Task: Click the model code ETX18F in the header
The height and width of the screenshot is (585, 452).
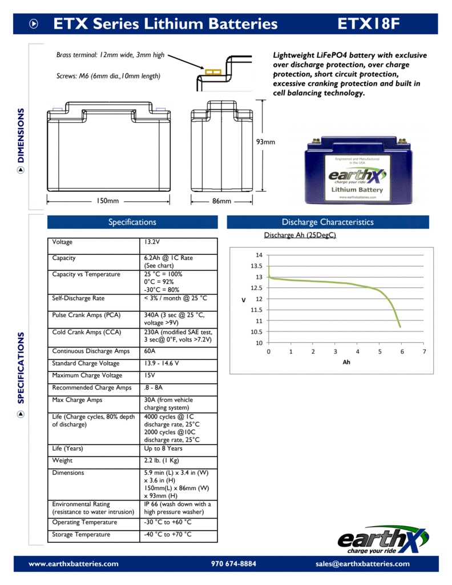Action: coord(368,24)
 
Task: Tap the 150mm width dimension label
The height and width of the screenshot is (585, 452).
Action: coord(107,201)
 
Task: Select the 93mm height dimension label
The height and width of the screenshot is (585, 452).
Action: coord(265,142)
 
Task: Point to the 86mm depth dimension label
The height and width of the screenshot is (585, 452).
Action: coord(222,201)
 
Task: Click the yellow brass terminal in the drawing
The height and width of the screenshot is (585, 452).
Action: coord(213,72)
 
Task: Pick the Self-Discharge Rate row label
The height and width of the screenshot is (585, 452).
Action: coord(78,298)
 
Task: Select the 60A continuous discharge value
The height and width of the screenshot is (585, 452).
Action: coord(150,351)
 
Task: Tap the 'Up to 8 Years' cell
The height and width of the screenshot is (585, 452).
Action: coord(163,448)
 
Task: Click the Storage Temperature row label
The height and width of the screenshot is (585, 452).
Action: coord(81,534)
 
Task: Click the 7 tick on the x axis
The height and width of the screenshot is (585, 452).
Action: coord(424,352)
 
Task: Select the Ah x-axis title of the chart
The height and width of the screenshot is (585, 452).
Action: coord(346,363)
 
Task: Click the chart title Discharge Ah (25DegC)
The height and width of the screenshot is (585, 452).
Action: coord(300,235)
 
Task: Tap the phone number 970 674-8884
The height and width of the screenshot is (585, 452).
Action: coord(233,564)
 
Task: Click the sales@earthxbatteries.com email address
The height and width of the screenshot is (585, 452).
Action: coord(362,564)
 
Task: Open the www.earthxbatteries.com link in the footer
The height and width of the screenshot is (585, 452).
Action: coord(74,564)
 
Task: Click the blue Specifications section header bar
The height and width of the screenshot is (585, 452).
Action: coord(132,222)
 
